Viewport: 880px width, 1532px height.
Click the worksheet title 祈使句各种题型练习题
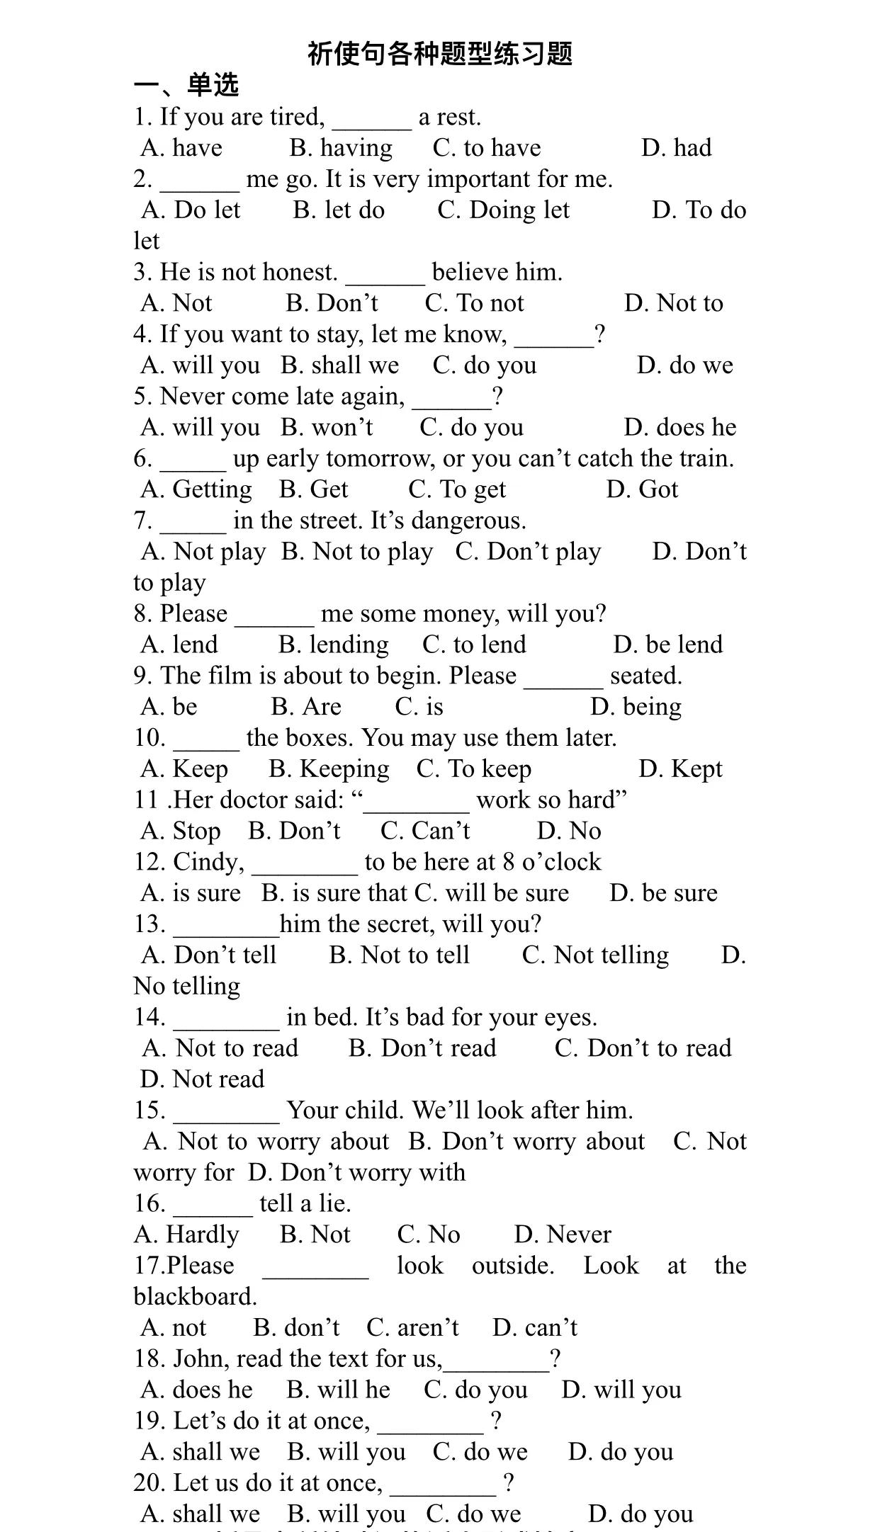[440, 54]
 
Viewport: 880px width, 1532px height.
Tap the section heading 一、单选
[186, 85]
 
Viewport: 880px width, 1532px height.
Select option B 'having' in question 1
[341, 148]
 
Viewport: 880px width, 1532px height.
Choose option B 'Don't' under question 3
[332, 303]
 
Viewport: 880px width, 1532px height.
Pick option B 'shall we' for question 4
[339, 365]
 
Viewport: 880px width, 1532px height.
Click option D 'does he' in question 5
[679, 428]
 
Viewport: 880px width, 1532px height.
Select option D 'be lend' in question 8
[668, 645]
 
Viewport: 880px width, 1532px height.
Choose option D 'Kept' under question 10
[680, 769]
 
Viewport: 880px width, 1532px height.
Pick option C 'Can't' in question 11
[425, 831]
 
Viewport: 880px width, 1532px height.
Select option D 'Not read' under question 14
[202, 1079]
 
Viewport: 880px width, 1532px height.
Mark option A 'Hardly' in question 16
[186, 1235]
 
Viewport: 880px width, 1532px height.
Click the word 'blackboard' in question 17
[194, 1297]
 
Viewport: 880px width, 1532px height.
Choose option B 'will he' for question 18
[338, 1390]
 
